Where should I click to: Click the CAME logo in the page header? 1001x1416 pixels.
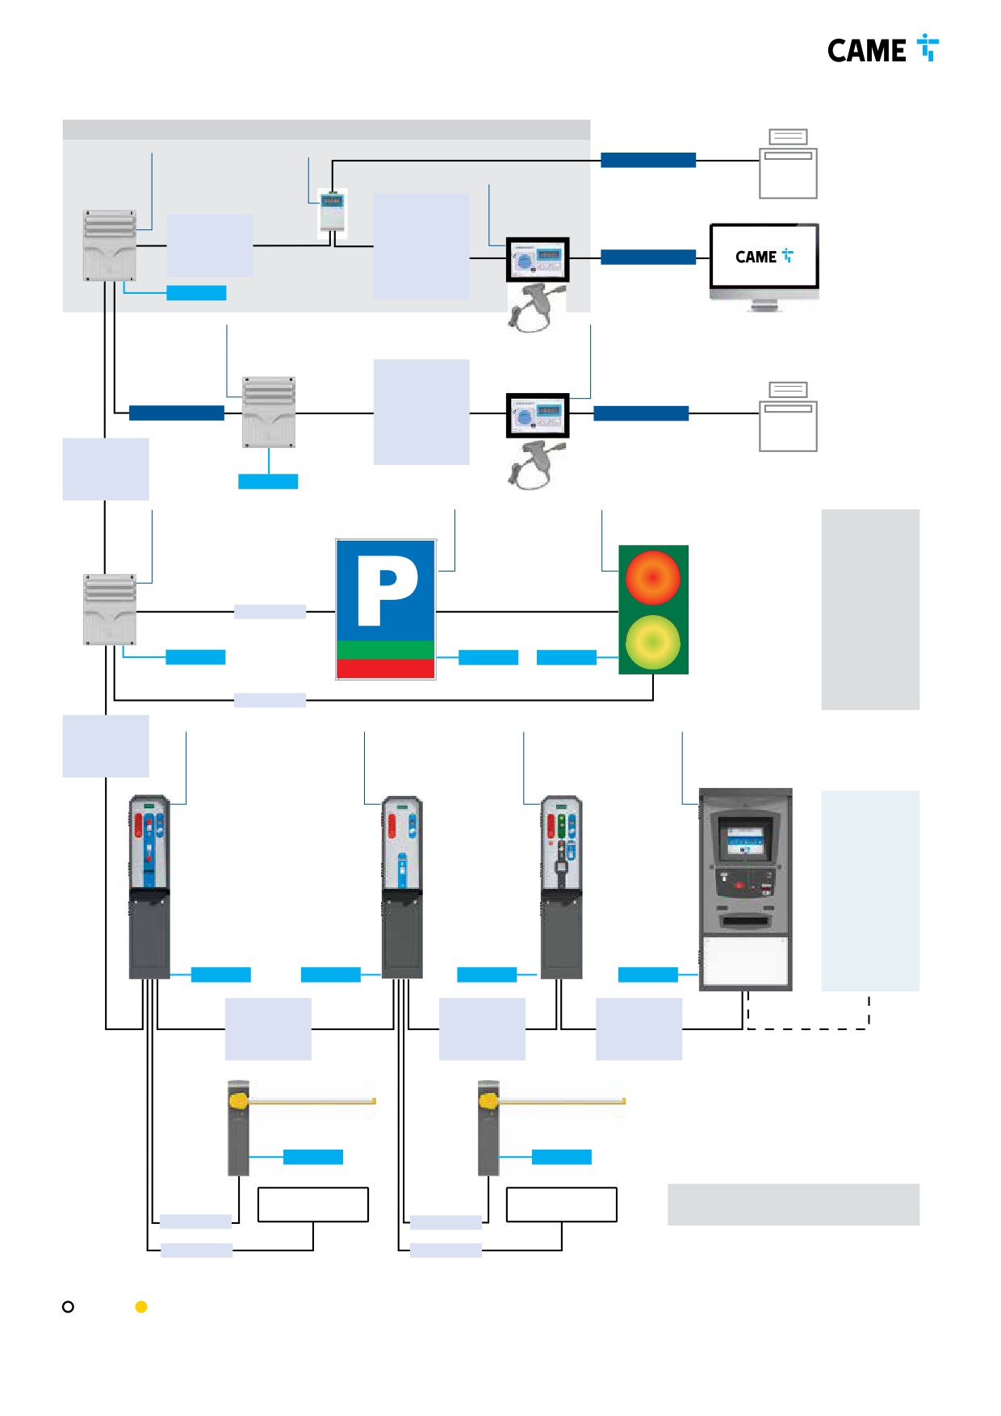pyautogui.click(x=883, y=49)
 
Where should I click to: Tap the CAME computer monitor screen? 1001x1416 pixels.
pyautogui.click(x=764, y=256)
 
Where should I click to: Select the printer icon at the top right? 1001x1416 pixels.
pyautogui.click(x=788, y=164)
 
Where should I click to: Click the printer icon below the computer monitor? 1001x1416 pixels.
pyautogui.click(x=788, y=417)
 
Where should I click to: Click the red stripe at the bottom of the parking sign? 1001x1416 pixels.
pyautogui.click(x=386, y=668)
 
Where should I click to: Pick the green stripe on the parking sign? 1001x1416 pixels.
pyautogui.click(x=386, y=650)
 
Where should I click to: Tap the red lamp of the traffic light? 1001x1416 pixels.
pyautogui.click(x=652, y=578)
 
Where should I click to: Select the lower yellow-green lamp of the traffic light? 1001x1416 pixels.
pyautogui.click(x=652, y=643)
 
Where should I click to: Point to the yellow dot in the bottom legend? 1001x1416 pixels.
pyautogui.click(x=141, y=1306)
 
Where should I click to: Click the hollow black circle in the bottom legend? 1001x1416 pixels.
pyautogui.click(x=68, y=1306)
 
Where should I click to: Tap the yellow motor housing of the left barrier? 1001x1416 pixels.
pyautogui.click(x=238, y=1100)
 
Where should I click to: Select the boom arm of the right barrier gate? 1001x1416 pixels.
pyautogui.click(x=561, y=1100)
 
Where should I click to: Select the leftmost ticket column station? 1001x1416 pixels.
pyautogui.click(x=149, y=886)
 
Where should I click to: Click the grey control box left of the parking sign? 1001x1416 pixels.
pyautogui.click(x=110, y=610)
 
